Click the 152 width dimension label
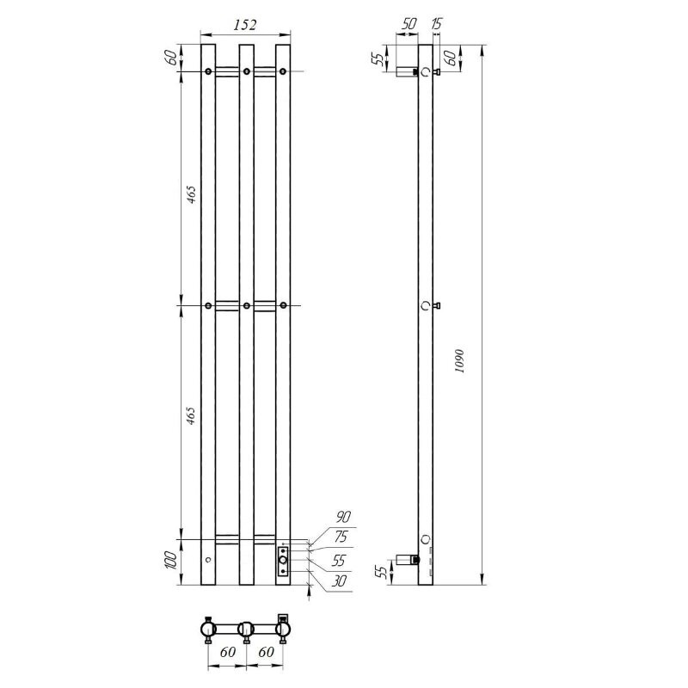(245, 26)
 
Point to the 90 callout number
(343, 517)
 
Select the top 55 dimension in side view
(378, 60)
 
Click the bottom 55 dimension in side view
(378, 571)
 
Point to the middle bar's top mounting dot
(246, 71)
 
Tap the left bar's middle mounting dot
(208, 305)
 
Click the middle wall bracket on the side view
(435, 305)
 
